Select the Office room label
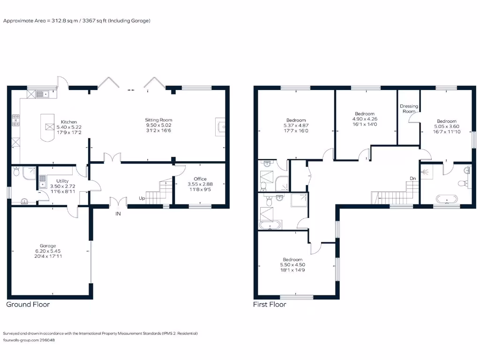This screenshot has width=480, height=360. pos(200,179)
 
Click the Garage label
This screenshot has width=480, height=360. pos(48,246)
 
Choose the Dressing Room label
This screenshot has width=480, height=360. pos(409,109)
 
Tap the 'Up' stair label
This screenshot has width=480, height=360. pos(142,198)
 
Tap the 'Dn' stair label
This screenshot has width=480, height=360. pos(413,178)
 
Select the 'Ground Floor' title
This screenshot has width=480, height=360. pos(28,304)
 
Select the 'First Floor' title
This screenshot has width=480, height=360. pos(270,304)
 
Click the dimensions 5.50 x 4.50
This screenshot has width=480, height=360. pos(292,264)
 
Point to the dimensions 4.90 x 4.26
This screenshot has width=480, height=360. pos(364,119)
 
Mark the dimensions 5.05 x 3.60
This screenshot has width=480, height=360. pos(446,126)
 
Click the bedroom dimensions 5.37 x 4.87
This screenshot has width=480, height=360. pos(294,125)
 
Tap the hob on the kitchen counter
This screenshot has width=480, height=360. pos(15,120)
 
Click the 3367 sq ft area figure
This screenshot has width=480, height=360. pos(81,21)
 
